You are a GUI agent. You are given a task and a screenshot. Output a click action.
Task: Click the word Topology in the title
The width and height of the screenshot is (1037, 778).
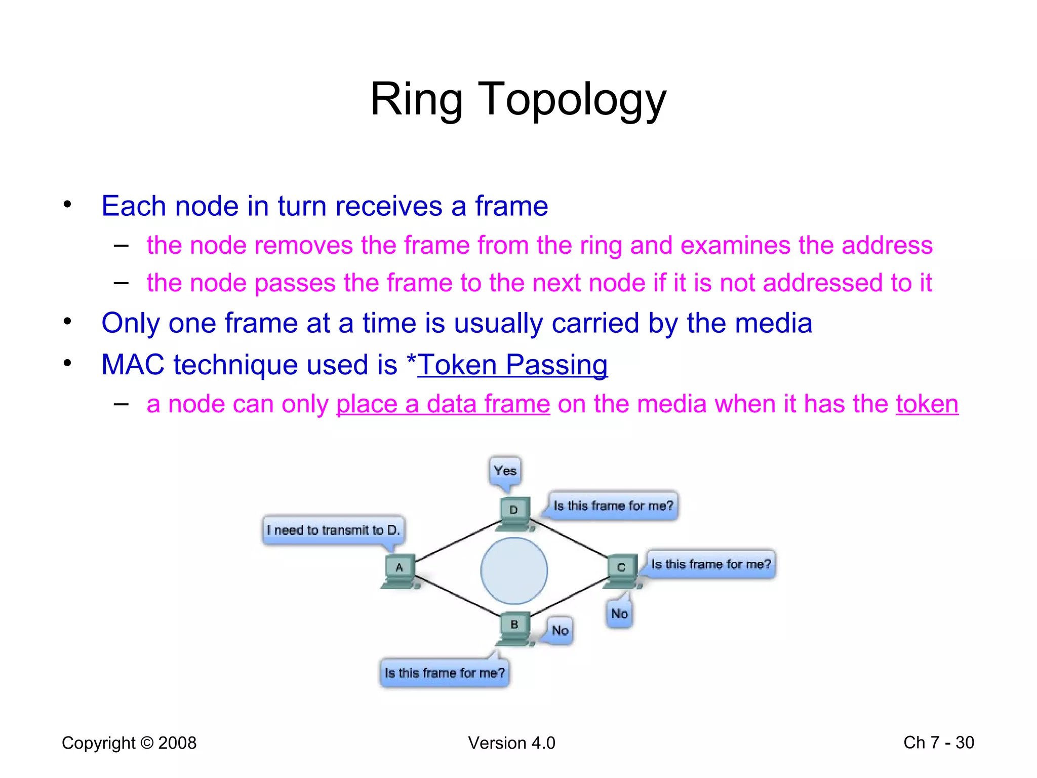(x=572, y=99)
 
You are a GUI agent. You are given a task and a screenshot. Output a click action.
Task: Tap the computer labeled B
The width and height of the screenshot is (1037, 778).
(x=514, y=629)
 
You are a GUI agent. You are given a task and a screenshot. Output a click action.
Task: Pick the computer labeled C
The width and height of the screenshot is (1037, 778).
(x=622, y=571)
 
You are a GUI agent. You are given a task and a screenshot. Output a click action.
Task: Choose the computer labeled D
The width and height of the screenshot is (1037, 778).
(x=514, y=513)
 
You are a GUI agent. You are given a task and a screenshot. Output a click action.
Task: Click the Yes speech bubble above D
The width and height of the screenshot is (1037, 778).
(x=505, y=471)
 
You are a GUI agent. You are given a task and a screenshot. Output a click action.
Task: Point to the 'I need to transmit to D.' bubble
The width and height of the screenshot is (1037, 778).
(x=333, y=530)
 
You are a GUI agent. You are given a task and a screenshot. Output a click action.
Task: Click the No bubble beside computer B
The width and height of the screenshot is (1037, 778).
(x=560, y=631)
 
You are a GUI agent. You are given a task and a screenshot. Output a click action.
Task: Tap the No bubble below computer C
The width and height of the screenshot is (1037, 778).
(x=619, y=614)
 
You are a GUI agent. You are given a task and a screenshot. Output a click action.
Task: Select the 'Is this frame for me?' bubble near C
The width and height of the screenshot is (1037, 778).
(x=711, y=564)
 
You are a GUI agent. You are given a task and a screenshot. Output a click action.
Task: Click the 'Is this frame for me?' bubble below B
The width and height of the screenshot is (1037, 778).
(x=445, y=673)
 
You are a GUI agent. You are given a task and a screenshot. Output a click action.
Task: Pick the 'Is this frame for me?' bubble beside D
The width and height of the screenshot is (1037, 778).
(x=613, y=505)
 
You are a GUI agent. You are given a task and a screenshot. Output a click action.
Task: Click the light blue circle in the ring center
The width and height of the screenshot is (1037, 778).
(x=514, y=571)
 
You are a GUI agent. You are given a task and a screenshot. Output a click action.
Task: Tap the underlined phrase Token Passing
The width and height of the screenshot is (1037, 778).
(x=512, y=365)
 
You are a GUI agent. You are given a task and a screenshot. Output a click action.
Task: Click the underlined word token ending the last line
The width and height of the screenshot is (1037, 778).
(x=927, y=404)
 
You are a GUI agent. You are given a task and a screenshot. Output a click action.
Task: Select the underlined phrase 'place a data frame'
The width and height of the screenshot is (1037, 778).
(x=443, y=404)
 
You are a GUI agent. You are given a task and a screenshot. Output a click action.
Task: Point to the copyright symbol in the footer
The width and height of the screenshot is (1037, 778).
(x=147, y=743)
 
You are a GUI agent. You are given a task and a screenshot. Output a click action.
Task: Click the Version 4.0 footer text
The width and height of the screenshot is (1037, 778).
(x=511, y=743)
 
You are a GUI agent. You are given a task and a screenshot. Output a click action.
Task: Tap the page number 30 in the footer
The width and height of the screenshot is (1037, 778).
(x=965, y=743)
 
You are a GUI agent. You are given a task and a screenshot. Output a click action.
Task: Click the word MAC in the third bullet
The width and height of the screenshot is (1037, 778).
(x=133, y=365)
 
